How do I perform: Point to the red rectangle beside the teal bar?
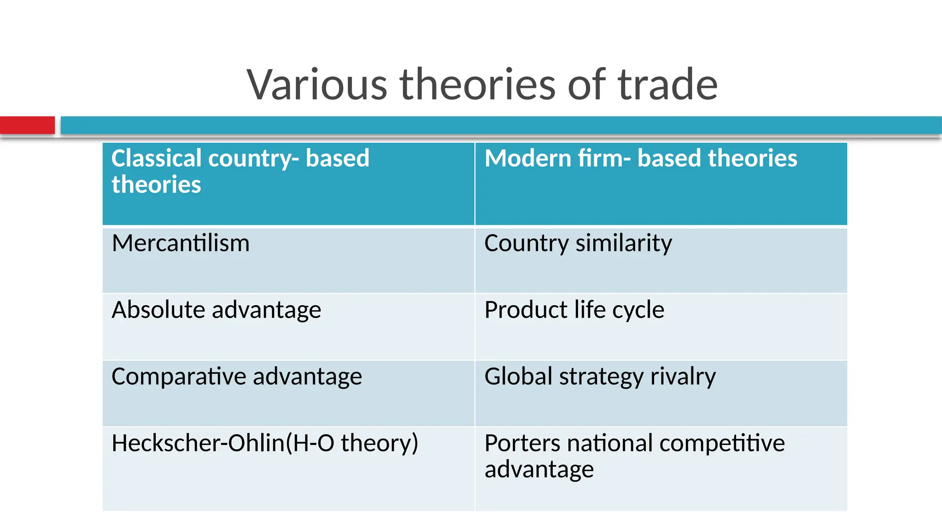pos(27,125)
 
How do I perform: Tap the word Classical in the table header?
pos(156,158)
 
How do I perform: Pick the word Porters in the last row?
pos(523,443)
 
